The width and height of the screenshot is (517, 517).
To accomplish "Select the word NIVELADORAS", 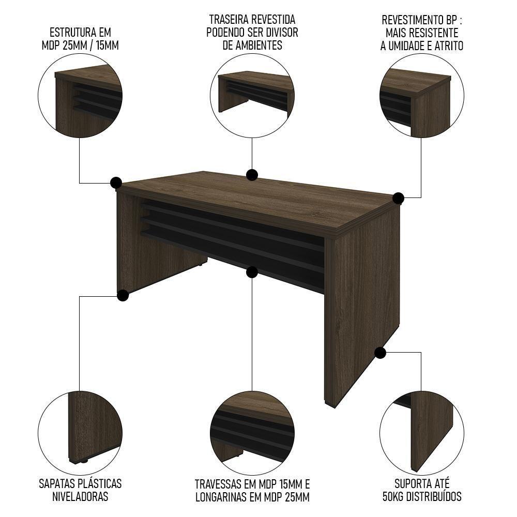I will pos(80,497).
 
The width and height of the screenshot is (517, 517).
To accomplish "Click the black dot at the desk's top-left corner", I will pos(116,183).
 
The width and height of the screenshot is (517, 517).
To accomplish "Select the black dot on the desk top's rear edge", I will pos(252,175).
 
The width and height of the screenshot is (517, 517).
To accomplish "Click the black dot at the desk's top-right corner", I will pos(398,198).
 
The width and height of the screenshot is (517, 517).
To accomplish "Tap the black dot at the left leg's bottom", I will pos(123,295).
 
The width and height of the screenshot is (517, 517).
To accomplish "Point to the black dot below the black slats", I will pos(252,272).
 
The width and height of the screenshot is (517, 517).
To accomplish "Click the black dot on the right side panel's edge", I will pos(381,353).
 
